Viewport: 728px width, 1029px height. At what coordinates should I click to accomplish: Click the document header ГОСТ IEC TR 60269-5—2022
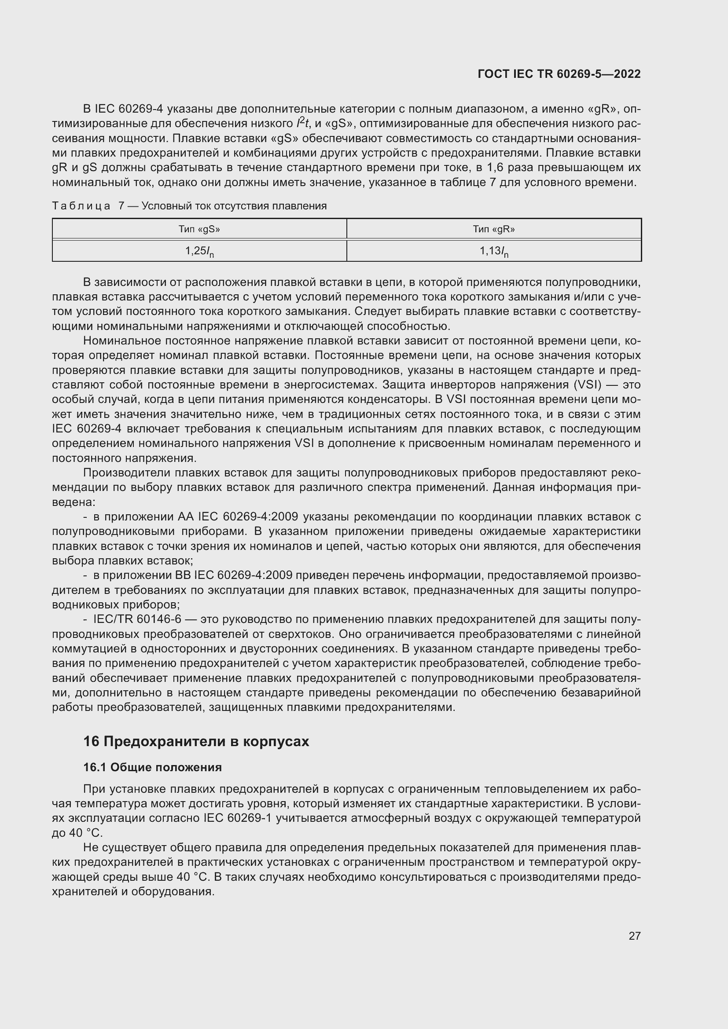559,74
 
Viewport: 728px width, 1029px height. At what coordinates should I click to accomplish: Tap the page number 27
634,936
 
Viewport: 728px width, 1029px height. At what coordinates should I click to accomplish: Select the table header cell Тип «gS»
199,230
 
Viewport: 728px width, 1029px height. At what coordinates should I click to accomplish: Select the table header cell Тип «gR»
493,230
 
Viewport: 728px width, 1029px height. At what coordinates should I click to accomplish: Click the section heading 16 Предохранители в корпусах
196,742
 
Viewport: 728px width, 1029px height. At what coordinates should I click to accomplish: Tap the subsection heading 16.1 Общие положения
152,768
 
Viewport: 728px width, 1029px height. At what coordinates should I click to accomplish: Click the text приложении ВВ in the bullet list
146,576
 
